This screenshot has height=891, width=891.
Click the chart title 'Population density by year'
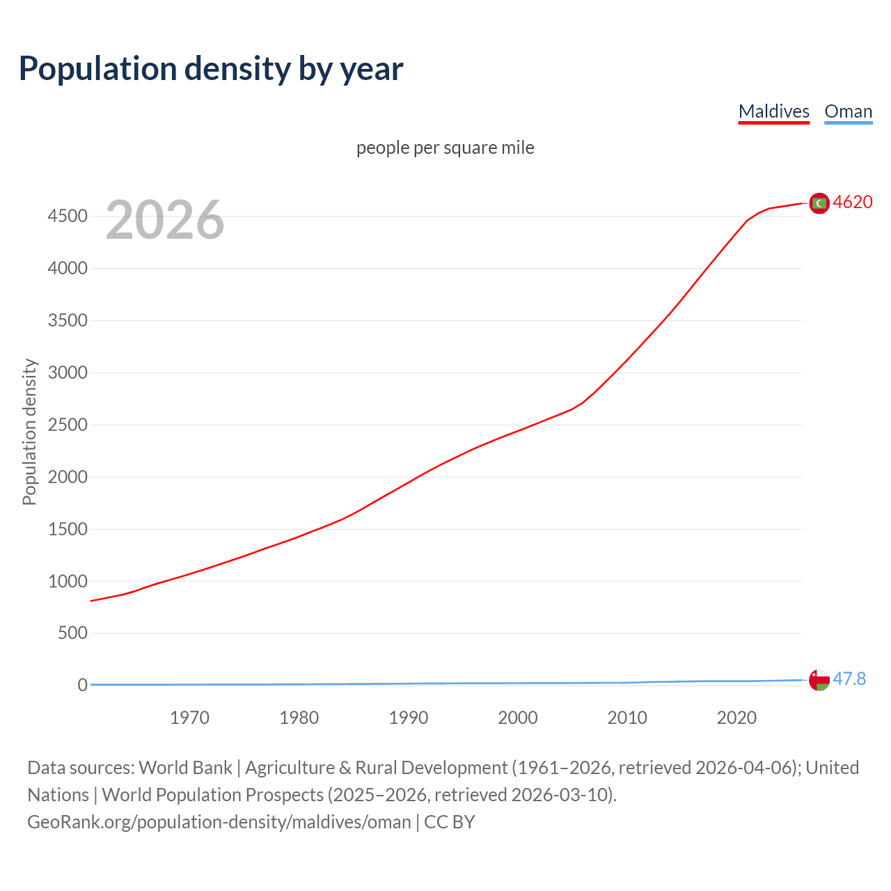coord(211,69)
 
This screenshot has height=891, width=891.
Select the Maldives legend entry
coord(773,111)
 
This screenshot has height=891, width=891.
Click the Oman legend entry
coord(848,111)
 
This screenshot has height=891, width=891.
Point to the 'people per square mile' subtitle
coord(445,148)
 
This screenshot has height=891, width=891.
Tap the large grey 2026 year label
coord(165,220)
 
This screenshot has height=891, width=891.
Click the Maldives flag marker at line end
coord(819,203)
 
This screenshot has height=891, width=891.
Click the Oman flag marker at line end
coord(819,679)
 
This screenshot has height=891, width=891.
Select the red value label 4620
coord(853,202)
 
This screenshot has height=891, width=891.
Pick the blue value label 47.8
coord(849,679)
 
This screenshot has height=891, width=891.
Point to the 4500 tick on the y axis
coord(68,216)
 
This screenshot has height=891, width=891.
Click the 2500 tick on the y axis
coord(68,425)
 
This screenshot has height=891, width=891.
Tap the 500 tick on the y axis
coord(73,633)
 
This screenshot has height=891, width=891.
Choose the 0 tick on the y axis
coord(83,685)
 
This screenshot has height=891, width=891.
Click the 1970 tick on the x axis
coord(189,718)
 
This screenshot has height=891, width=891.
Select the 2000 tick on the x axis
coord(517,718)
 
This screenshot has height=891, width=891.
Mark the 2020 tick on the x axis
coord(736,718)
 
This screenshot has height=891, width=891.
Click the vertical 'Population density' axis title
coord(29,432)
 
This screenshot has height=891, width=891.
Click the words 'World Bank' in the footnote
coord(185,768)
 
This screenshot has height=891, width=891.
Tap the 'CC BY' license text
coord(450,822)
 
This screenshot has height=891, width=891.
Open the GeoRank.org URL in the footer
coord(219,822)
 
